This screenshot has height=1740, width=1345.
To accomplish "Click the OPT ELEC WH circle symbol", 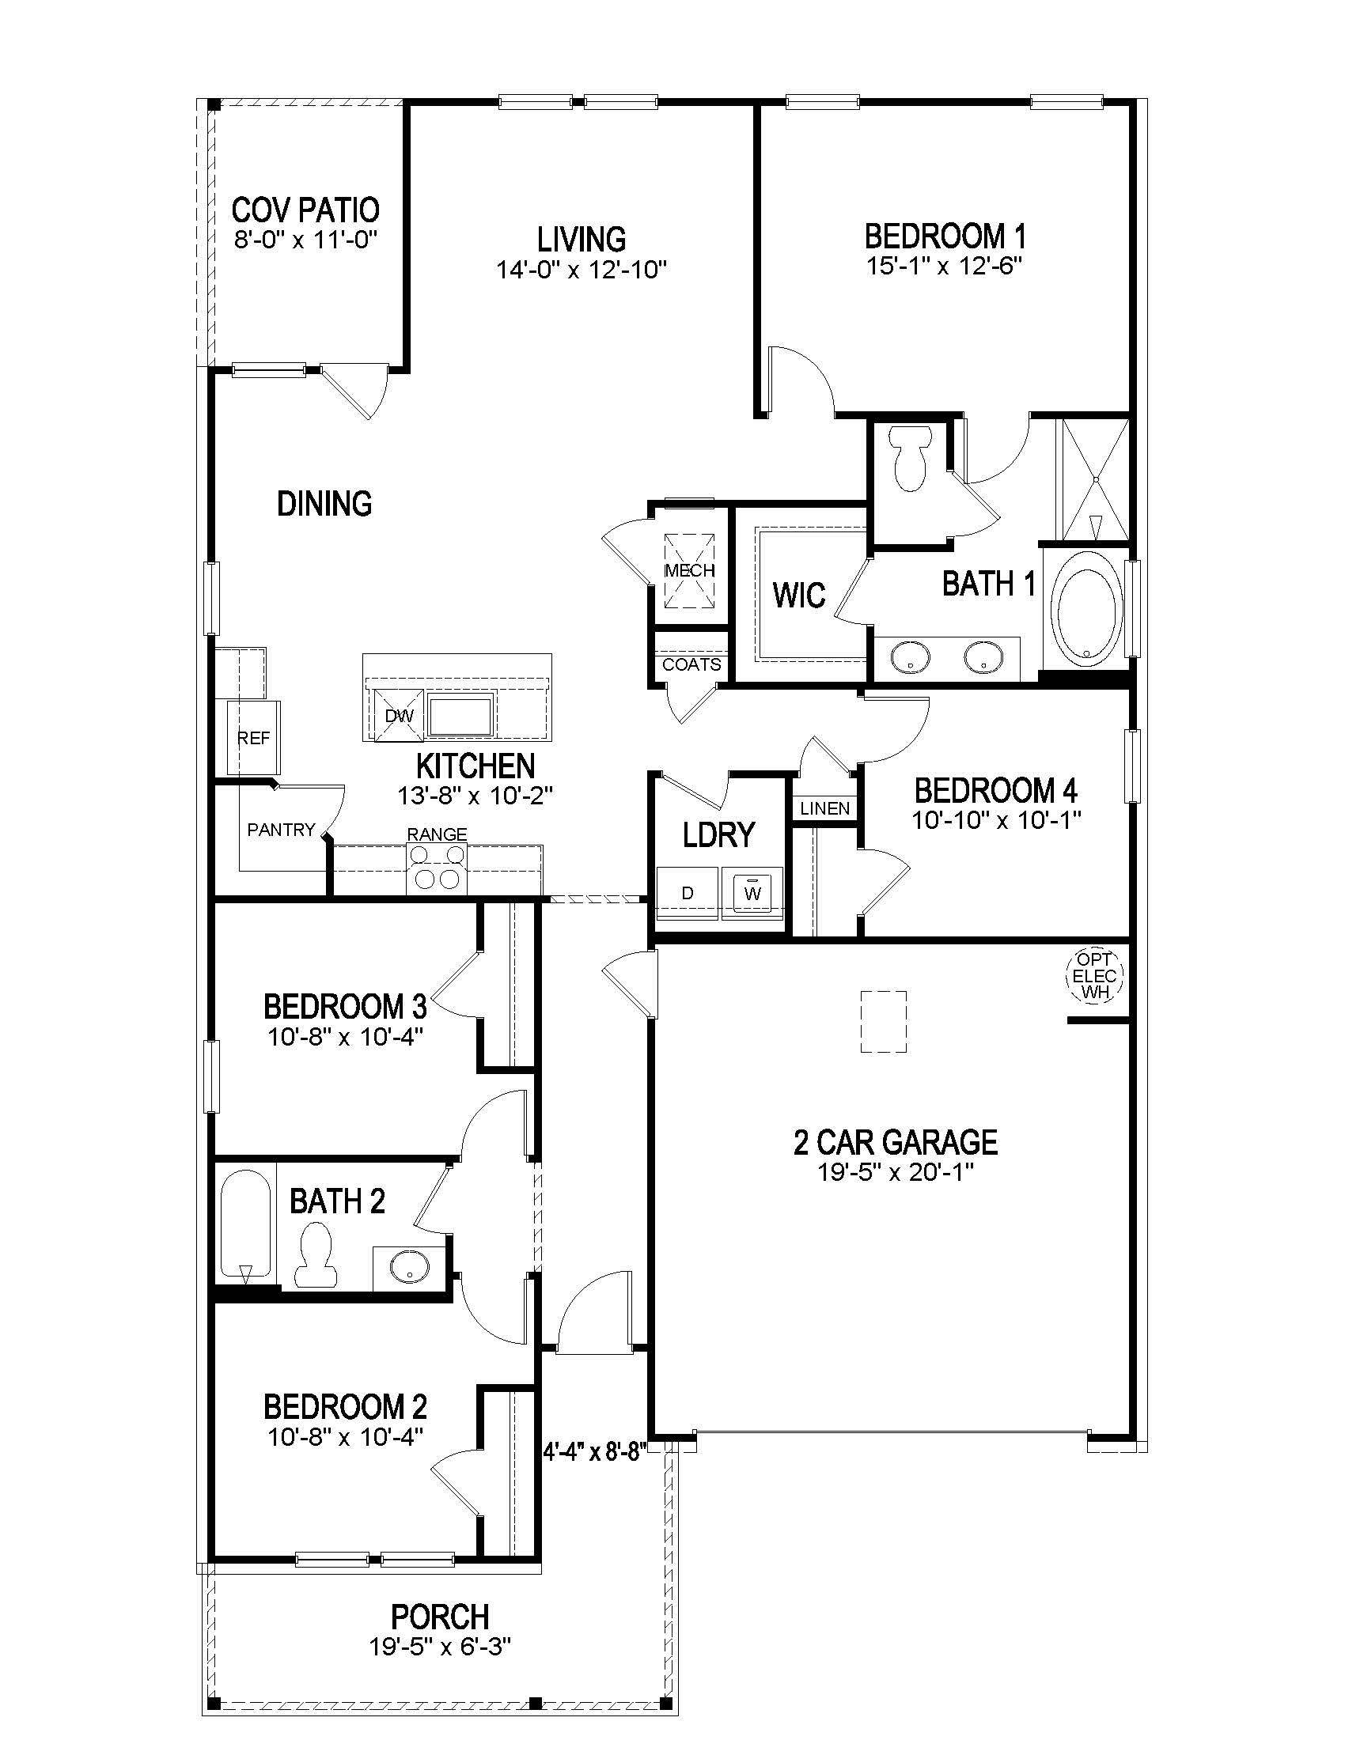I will tap(1093, 975).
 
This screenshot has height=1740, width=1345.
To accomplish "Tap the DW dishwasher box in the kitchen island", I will tap(400, 716).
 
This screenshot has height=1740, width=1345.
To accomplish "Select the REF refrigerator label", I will tap(253, 739).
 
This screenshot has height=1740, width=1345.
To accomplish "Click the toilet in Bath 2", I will tap(316, 1258).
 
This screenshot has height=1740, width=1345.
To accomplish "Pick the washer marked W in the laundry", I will tap(752, 893).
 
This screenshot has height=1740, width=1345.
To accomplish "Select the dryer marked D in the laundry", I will tap(688, 893).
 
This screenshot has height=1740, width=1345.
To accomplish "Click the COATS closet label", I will tap(691, 664).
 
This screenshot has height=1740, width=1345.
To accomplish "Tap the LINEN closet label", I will tap(824, 808).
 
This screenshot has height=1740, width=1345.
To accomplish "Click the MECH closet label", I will tap(689, 570).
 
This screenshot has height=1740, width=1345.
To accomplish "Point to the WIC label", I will tap(799, 595).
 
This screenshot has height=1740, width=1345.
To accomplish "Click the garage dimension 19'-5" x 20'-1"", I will tap(895, 1172).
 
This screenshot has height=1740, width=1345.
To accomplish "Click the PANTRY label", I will tap(281, 830).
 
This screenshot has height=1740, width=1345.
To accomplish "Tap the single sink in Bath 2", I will tap(410, 1265).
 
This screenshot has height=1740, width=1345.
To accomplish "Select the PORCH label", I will tap(440, 1617).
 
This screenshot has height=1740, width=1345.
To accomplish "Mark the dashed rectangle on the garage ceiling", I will tap(884, 1022).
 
